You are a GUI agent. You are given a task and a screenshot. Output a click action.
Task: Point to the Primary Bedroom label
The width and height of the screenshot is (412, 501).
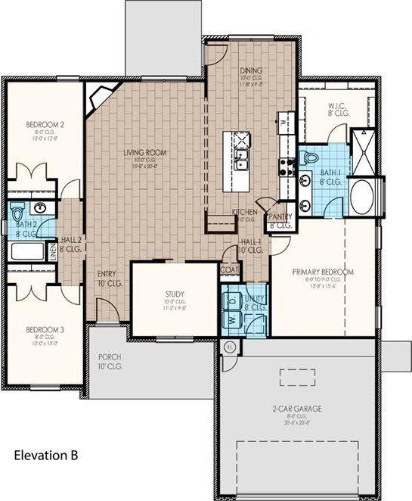(x=323, y=272)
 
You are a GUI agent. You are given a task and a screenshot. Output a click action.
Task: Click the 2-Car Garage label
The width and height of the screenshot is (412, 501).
(x=297, y=409)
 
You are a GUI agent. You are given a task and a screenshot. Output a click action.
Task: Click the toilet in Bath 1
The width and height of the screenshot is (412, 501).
(x=310, y=157)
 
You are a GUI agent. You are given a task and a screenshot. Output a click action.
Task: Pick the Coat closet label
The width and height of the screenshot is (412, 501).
(x=229, y=269)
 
